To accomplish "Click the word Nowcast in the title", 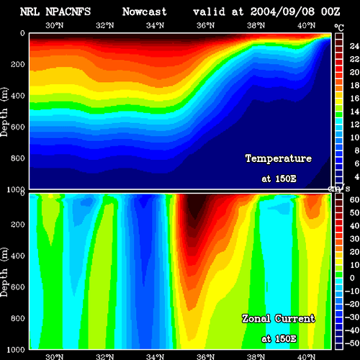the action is (x=145, y=12).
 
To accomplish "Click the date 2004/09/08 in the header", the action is (x=282, y=12).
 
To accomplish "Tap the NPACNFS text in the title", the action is (x=68, y=12).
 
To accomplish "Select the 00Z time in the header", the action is (x=330, y=12).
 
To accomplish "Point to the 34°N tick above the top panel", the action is (x=156, y=25).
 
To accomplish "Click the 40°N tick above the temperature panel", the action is (x=307, y=25).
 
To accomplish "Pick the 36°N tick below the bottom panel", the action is (x=206, y=357).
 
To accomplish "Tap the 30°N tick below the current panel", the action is (x=55, y=357).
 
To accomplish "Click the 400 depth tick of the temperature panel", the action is (x=18, y=96).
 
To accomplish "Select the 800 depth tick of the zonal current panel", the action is (x=18, y=318).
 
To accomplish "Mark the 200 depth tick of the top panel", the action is (x=18, y=64).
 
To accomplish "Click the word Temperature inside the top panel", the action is (x=279, y=158).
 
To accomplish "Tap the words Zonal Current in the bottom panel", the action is (x=279, y=319).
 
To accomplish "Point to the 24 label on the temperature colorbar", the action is (x=354, y=46).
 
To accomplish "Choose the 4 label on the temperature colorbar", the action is (x=357, y=177).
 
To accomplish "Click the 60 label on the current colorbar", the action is (x=354, y=199).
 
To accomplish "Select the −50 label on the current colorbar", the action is (x=352, y=343).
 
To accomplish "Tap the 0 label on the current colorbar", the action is (x=352, y=278).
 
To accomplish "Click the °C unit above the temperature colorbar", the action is (x=339, y=28).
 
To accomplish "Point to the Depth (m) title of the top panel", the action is (x=4, y=112).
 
